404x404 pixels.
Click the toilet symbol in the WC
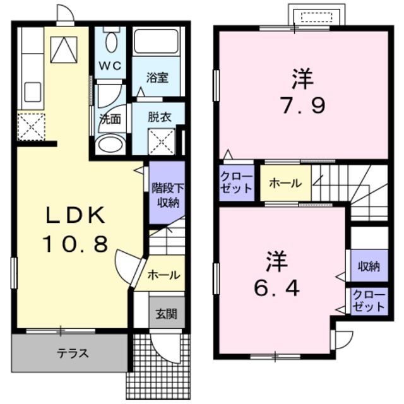111,42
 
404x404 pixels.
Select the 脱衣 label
157,116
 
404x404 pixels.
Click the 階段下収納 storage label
167,194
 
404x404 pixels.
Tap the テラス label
73,353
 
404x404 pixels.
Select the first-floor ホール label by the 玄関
164,275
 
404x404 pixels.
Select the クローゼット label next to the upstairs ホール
237,182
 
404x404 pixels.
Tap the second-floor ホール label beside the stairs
285,183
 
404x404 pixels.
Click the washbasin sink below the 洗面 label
112,144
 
